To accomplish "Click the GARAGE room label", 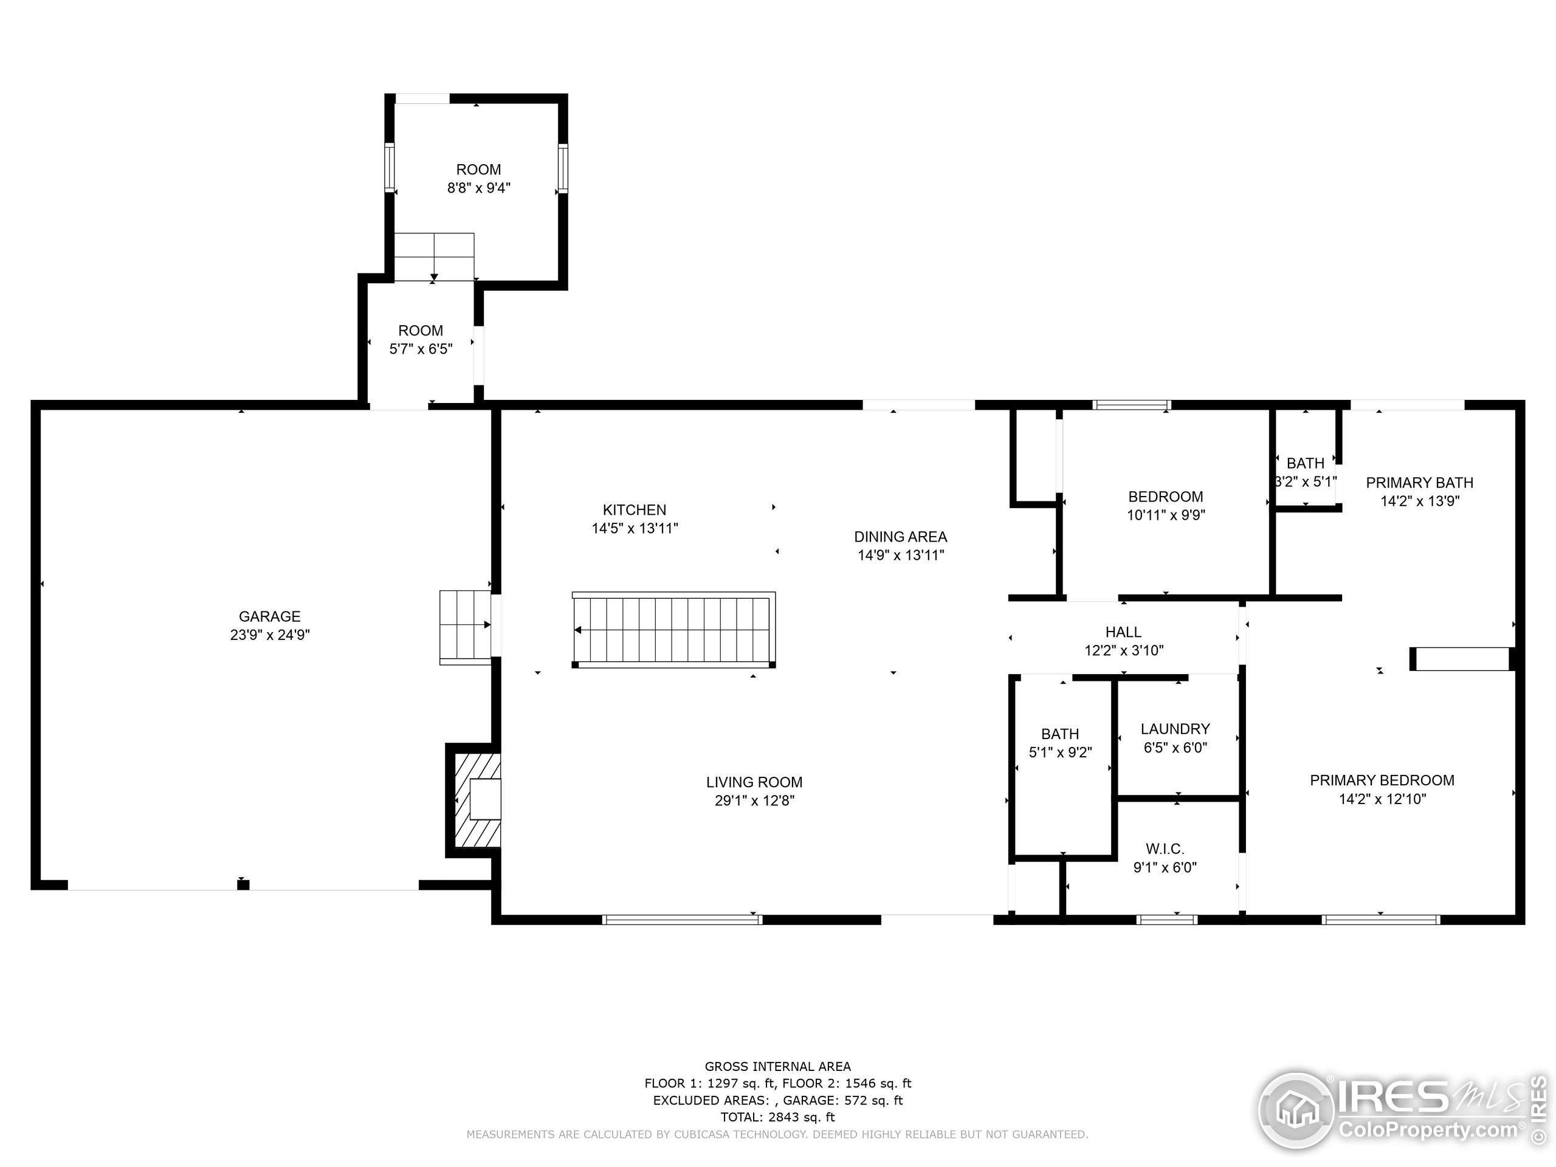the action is [269, 616].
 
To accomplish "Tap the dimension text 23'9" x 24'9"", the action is [269, 635].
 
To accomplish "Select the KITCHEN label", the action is [635, 510].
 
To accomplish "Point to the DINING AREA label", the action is [900, 537].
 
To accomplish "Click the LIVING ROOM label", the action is [754, 782].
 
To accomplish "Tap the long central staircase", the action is [674, 630].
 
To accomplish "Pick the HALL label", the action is [1123, 632].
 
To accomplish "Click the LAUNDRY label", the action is [1176, 729].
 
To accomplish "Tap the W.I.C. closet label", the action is [1165, 849].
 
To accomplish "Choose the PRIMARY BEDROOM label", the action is [1382, 780].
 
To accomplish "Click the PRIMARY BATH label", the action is [1419, 483].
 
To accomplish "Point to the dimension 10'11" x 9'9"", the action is [1166, 515].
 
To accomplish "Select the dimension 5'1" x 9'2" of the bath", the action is [1060, 752].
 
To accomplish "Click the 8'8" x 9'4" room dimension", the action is [479, 188].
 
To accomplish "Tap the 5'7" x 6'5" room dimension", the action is [421, 349].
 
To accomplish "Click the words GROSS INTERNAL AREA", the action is [778, 1067].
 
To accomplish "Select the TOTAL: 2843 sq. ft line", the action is [778, 1117].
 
